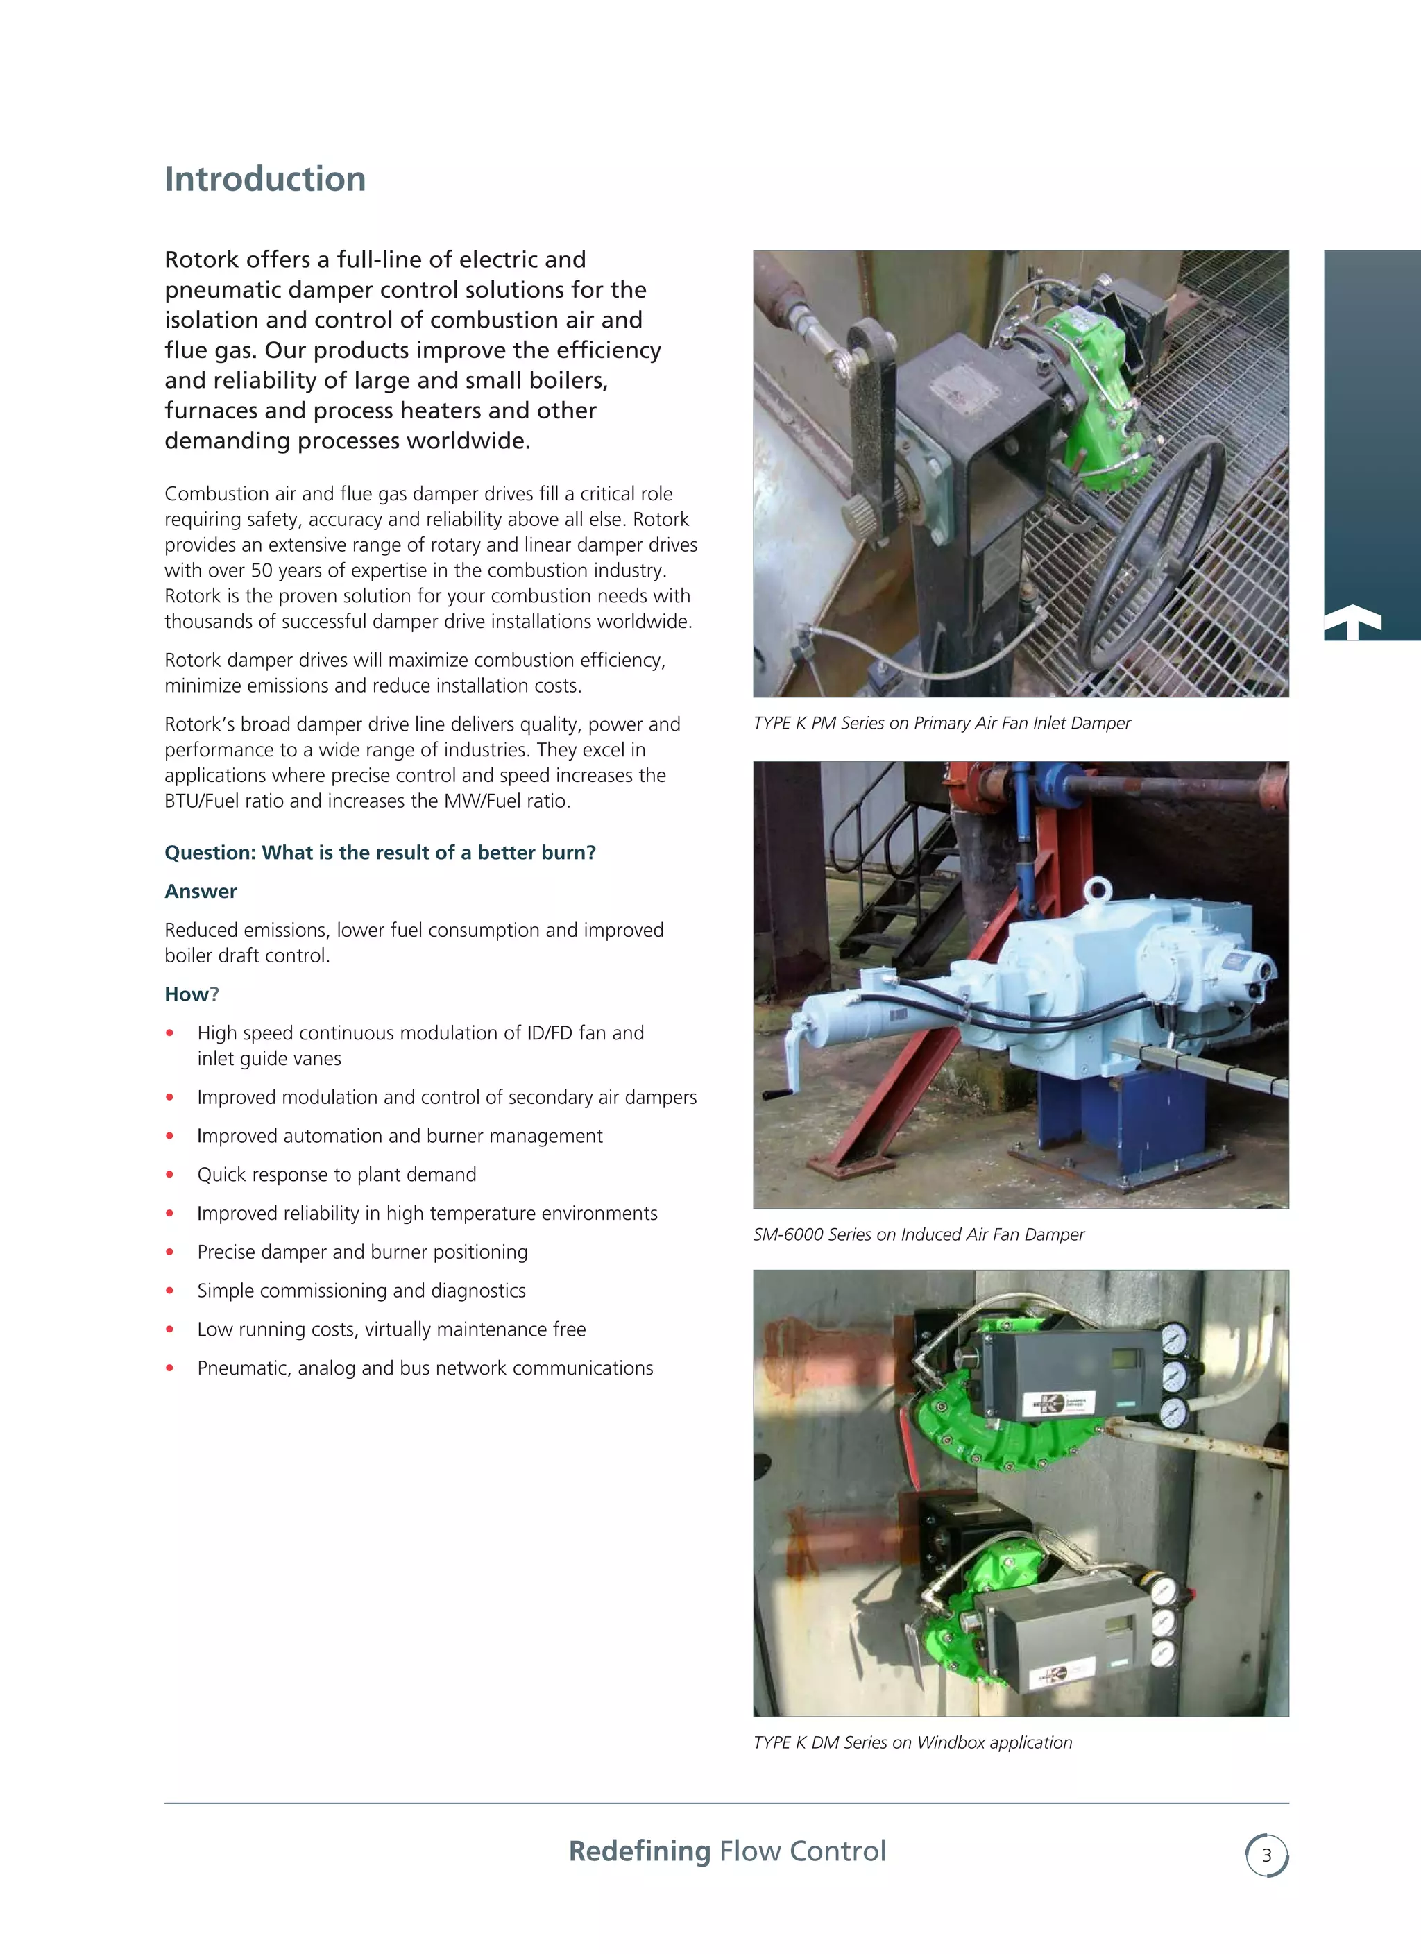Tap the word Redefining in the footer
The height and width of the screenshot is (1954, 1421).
tap(640, 1851)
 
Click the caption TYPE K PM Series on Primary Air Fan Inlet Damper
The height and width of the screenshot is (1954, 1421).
tap(941, 723)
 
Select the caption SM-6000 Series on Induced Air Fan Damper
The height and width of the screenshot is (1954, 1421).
tap(918, 1234)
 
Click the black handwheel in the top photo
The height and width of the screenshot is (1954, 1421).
tap(1150, 552)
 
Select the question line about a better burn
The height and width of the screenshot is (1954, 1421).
tap(380, 853)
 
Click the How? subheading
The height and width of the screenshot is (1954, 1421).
tap(192, 994)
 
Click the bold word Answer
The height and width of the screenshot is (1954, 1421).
tap(200, 892)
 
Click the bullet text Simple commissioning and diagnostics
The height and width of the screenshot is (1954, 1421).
tap(361, 1291)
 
